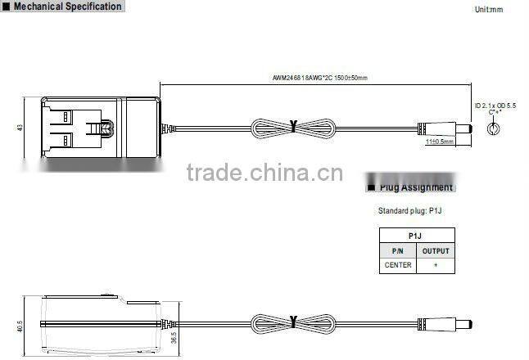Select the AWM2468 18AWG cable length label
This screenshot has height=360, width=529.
pos(320,79)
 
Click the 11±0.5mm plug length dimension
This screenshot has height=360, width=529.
pos(440,142)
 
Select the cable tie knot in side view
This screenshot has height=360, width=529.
pos(293,322)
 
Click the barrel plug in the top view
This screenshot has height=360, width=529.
pos(446,128)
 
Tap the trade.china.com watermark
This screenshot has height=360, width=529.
pos(264,173)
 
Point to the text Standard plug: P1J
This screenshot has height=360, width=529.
pos(409,210)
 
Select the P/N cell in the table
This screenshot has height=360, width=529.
pos(398,251)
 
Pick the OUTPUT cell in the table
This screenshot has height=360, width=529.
pos(435,251)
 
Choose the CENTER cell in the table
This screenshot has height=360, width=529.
pos(398,265)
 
